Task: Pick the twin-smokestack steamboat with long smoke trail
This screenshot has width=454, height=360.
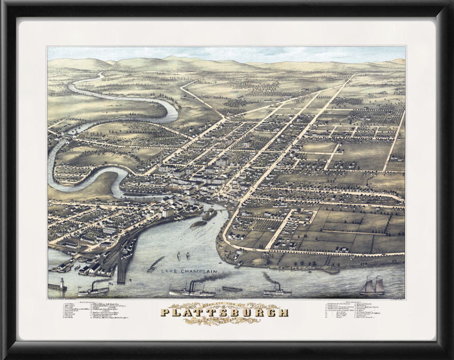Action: (192, 291)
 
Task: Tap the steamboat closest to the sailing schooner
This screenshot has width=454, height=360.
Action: (277, 291)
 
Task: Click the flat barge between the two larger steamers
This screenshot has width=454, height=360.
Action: (232, 289)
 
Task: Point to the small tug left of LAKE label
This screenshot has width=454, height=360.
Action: (151, 268)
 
